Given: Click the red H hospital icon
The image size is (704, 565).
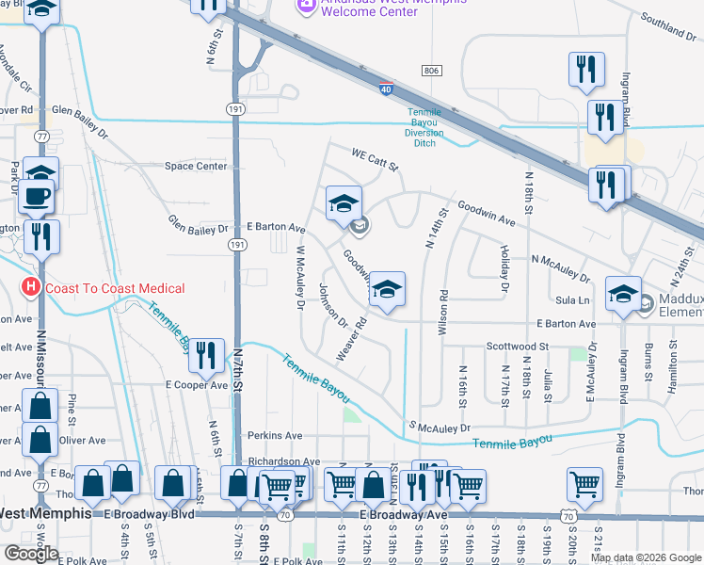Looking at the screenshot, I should [32, 287].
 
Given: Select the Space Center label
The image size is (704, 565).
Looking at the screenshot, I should [196, 167].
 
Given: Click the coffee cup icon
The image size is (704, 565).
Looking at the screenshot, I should [38, 196].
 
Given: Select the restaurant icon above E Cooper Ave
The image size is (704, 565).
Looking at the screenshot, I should [205, 355].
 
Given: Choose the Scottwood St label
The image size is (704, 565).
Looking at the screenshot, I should [518, 347].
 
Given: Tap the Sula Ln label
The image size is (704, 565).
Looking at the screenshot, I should [571, 299].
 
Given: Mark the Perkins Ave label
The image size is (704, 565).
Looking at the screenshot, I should [275, 436].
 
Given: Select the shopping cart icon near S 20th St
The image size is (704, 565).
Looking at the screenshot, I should [584, 484].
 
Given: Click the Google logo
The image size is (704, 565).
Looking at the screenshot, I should [32, 553].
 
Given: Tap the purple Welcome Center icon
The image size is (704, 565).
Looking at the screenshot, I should [305, 6].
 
